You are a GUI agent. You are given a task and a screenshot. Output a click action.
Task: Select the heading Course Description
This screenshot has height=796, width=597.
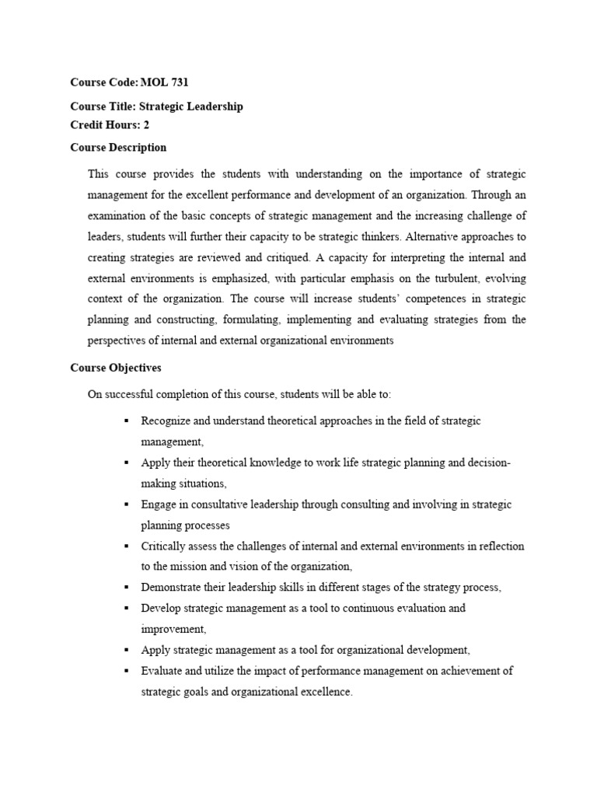(x=118, y=147)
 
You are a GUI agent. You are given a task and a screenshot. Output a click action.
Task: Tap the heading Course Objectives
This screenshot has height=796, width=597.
(x=116, y=368)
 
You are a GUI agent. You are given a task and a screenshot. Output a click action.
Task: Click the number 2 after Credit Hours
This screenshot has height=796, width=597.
(x=146, y=124)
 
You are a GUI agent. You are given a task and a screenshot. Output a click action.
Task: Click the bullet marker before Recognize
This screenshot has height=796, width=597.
(x=126, y=421)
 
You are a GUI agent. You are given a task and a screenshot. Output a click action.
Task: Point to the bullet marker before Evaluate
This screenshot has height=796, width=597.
(x=126, y=671)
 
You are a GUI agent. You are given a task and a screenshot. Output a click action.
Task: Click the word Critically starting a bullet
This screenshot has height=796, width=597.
(x=162, y=546)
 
